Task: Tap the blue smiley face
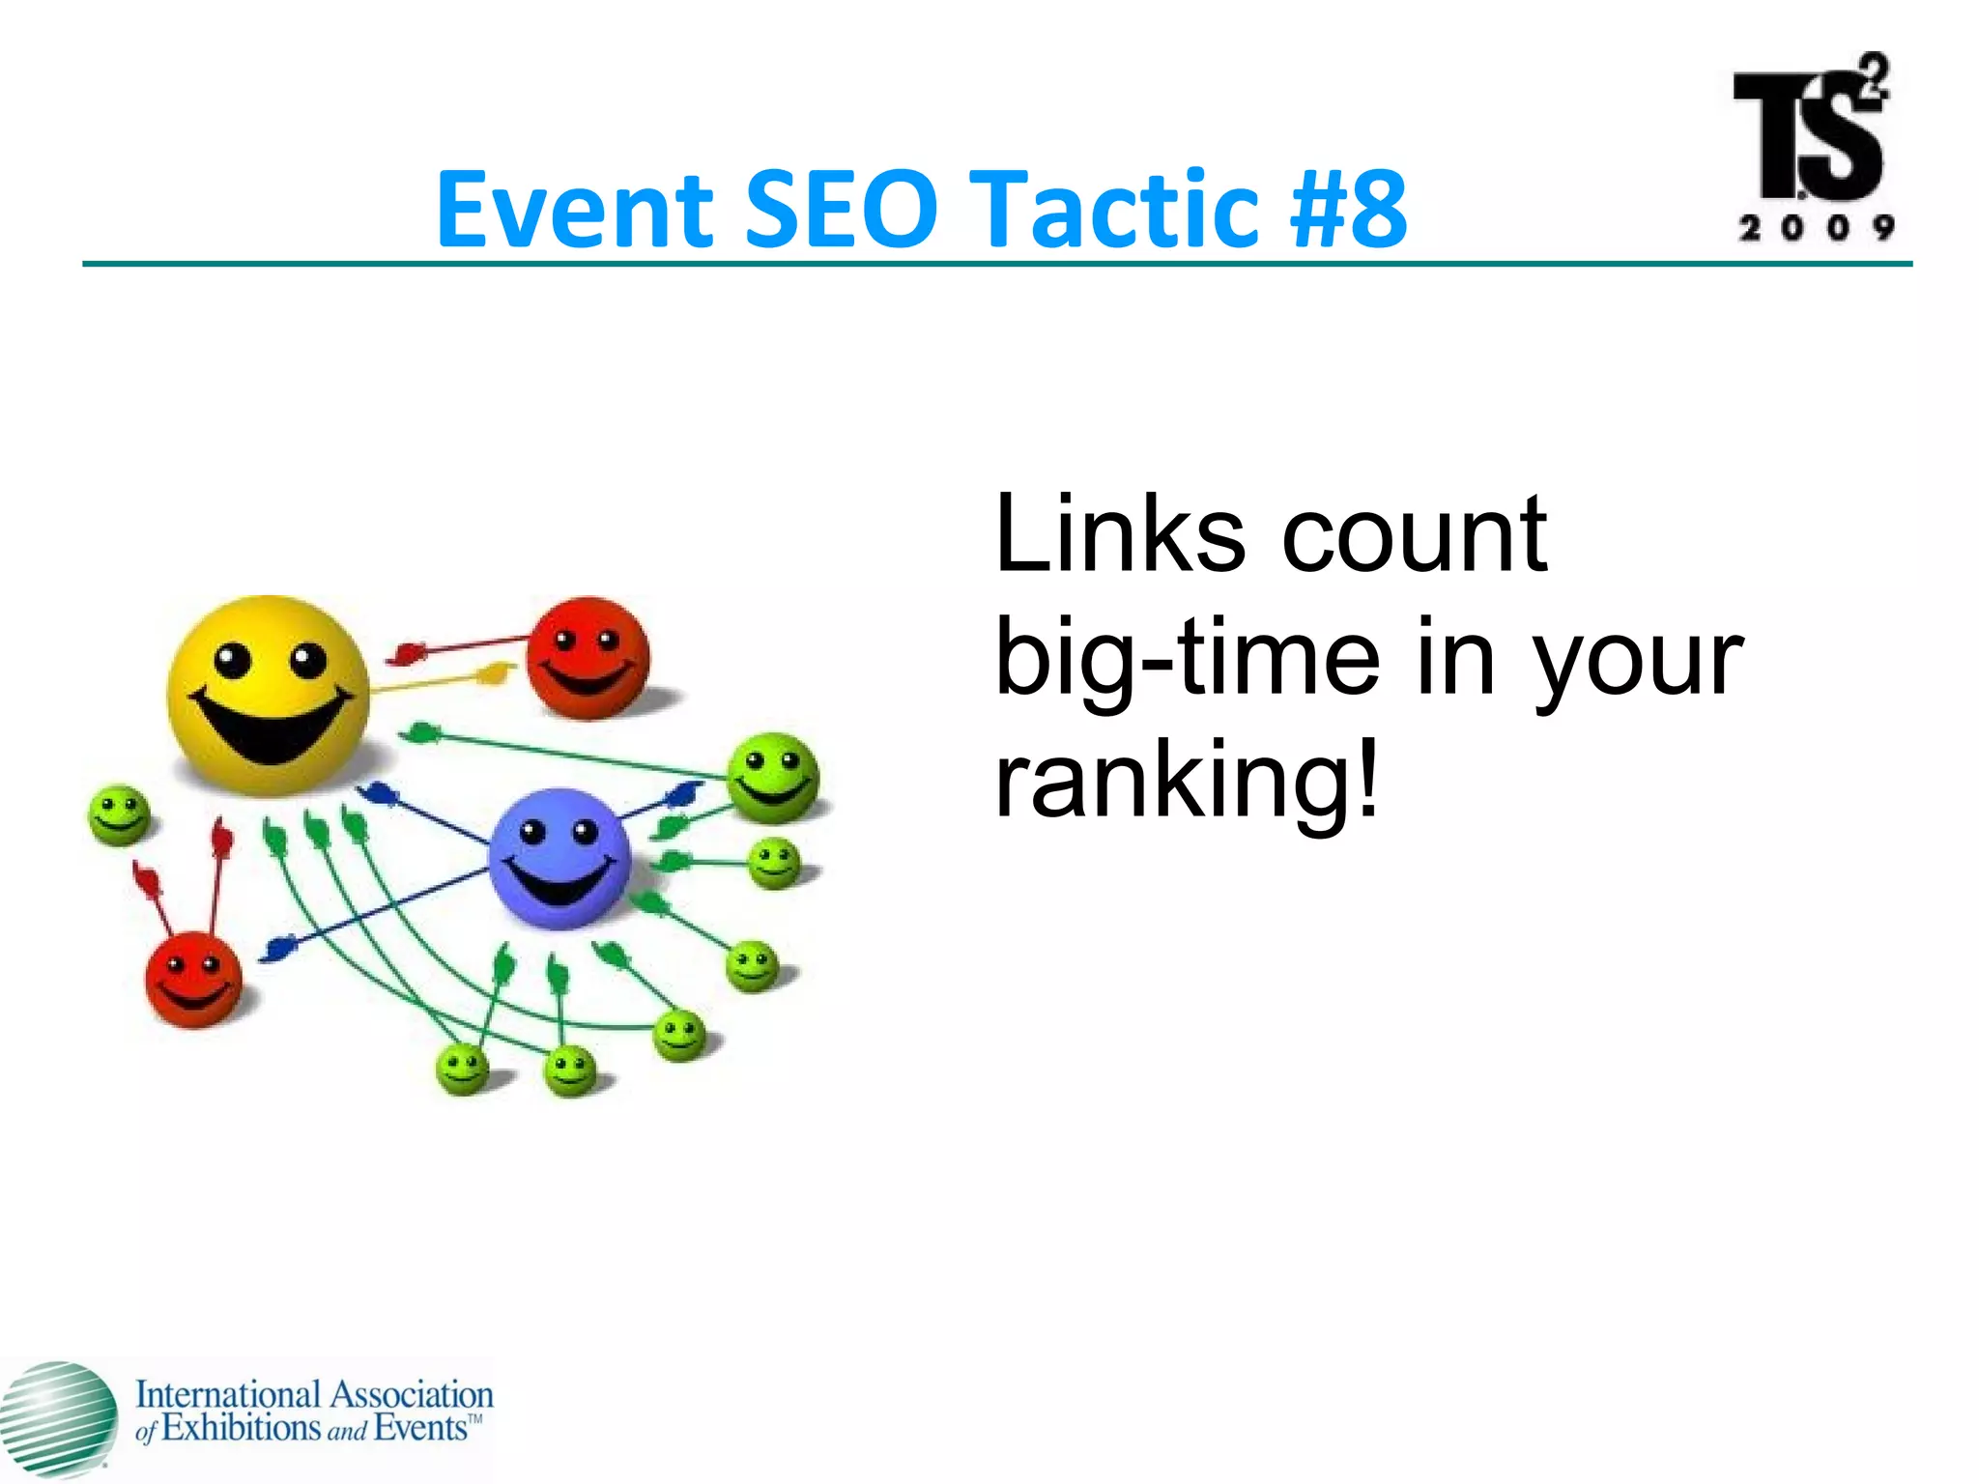(x=559, y=858)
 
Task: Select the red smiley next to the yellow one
(x=588, y=658)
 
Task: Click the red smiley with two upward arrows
(x=193, y=979)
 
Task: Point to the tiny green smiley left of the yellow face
(x=119, y=814)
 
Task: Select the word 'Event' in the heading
(x=574, y=209)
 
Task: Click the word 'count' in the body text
(x=1415, y=533)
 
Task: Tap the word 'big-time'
(x=1189, y=659)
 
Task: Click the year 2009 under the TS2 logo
(x=1816, y=228)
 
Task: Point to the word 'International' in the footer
(x=227, y=1394)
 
